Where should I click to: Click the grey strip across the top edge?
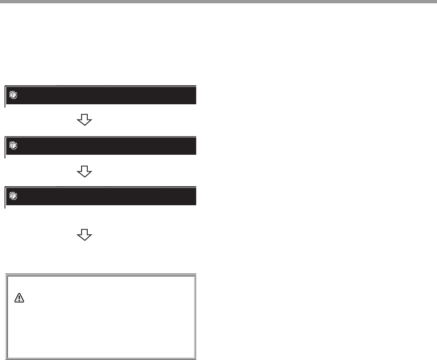[x=218, y=2]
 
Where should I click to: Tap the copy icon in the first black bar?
[x=13, y=95]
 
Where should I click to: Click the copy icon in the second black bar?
[x=13, y=146]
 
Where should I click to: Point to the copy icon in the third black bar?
[x=13, y=196]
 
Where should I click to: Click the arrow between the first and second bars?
[x=84, y=120]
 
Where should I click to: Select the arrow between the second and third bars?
[x=84, y=171]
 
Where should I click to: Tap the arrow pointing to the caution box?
[x=84, y=235]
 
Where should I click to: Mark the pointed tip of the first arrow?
[x=84, y=125]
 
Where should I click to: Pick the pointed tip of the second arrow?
[x=84, y=176]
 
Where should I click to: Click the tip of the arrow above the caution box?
[x=84, y=240]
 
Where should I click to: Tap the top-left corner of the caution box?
[x=6, y=274]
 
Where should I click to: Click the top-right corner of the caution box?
[x=196, y=274]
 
